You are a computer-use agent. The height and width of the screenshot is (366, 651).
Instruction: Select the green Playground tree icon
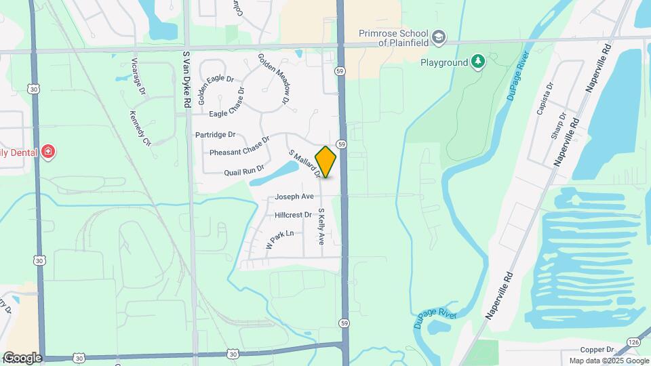479,62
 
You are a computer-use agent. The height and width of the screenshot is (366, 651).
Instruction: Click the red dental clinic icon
47,151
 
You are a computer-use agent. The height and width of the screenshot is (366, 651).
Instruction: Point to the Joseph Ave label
294,197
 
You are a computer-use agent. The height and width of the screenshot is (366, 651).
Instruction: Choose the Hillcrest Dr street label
293,215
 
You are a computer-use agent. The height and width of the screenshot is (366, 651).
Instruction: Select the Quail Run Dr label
243,172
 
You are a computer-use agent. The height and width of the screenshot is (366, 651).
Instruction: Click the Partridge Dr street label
215,135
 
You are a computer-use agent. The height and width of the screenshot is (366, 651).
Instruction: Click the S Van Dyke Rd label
186,78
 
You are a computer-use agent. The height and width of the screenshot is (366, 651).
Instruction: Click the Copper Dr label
597,349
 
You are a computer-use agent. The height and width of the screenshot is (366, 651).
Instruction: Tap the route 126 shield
633,342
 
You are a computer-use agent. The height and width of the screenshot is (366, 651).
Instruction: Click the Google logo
22,358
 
